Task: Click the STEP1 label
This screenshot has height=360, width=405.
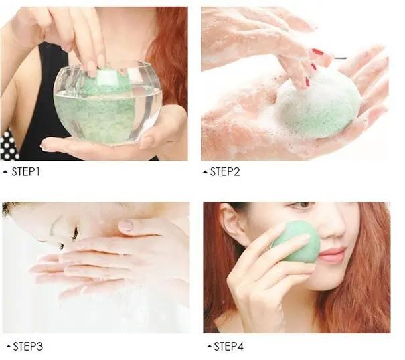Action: click(26, 172)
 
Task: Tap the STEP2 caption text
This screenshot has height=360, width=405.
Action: click(225, 172)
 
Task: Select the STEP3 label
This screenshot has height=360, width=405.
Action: click(27, 347)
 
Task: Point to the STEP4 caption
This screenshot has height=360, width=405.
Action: click(228, 347)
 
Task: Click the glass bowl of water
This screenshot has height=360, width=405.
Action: click(108, 103)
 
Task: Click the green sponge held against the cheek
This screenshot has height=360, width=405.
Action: click(297, 242)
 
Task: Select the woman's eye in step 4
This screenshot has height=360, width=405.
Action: click(302, 205)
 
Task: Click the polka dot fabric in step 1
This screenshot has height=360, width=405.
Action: click(9, 145)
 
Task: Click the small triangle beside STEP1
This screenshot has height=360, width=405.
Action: click(5, 172)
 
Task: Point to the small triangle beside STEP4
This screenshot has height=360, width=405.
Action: click(210, 347)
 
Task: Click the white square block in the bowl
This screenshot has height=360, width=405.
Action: click(106, 78)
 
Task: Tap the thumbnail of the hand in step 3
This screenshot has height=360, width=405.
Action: click(126, 226)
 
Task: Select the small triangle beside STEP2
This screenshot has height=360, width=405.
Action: click(205, 172)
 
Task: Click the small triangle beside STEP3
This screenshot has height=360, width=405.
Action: click(9, 347)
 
